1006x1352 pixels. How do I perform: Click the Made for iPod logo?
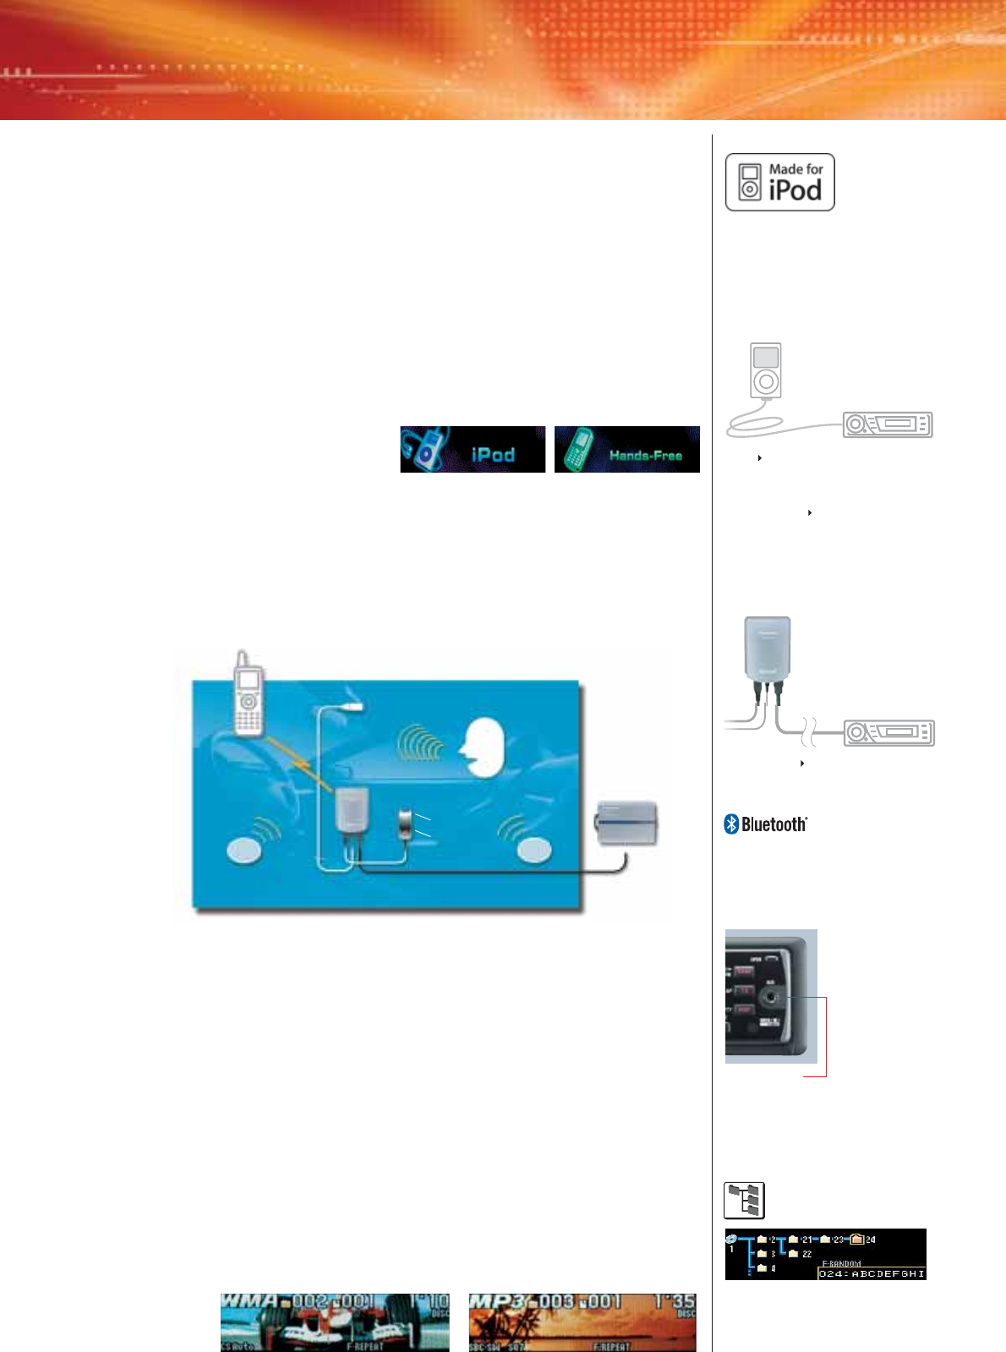coord(779,182)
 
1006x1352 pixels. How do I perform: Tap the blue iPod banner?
coord(473,449)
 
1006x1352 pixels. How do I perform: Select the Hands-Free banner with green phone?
coord(626,449)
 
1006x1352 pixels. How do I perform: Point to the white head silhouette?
coord(483,747)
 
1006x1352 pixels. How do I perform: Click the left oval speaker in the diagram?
coord(244,850)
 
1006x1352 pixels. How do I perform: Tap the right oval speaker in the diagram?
coord(534,850)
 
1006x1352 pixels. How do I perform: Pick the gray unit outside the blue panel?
coord(626,823)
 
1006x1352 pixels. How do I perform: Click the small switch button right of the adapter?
coord(407,824)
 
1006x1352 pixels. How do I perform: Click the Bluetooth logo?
coord(766,824)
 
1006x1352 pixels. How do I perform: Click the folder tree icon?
coord(745,1200)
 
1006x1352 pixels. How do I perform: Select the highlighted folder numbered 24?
coord(858,1240)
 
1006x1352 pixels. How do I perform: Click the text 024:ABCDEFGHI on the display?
coord(872,1273)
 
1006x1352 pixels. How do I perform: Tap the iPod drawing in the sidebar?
coord(766,370)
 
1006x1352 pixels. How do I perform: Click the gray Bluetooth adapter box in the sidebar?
coord(767,647)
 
